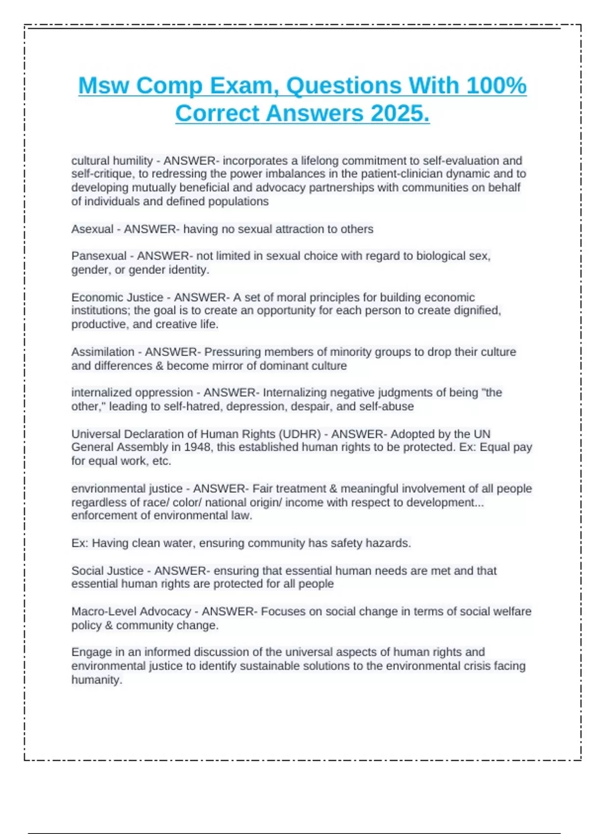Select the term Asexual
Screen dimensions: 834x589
click(92, 229)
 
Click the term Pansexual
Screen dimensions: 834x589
click(99, 256)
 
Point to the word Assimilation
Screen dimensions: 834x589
click(103, 352)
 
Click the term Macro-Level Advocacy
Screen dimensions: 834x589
click(131, 612)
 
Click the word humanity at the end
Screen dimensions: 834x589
click(96, 680)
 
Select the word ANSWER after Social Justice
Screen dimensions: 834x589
click(180, 571)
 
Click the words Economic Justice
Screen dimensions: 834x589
click(117, 298)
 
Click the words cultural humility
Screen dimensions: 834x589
click(112, 161)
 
